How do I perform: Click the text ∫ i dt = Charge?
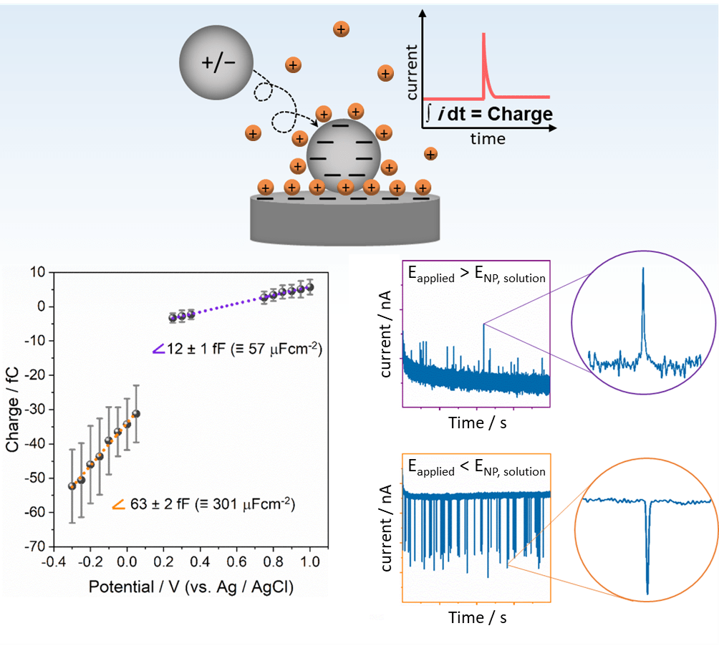(x=489, y=114)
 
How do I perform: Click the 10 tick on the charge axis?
(x=37, y=272)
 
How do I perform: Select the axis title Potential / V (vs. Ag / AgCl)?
(x=191, y=587)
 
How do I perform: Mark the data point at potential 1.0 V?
(x=309, y=287)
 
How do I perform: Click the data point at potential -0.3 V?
(x=72, y=486)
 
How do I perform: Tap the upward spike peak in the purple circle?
(x=643, y=269)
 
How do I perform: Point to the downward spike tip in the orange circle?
(x=647, y=592)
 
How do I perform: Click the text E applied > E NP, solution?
(x=476, y=275)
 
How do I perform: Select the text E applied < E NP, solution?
(x=476, y=469)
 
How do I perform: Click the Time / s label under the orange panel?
(x=478, y=617)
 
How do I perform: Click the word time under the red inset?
(x=488, y=138)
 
